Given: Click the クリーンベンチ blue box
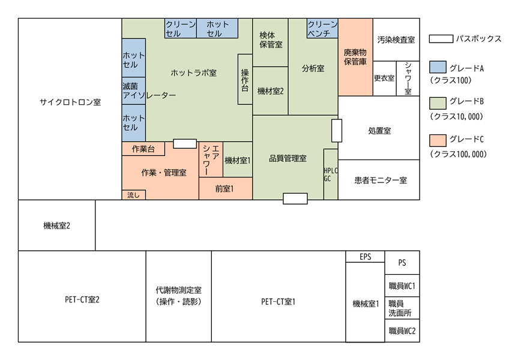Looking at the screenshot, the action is point(322,28).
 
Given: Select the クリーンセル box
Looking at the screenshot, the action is point(181,28).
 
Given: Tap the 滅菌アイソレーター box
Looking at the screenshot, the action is point(134,91).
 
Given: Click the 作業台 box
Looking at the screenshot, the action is point(143,149).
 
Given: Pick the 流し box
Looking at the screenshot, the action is point(134,194).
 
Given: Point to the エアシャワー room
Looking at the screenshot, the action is point(211,160).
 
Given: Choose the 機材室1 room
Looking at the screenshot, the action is point(238,160).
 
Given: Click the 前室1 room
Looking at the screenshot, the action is point(226,188).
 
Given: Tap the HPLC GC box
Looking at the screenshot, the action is point(331,175).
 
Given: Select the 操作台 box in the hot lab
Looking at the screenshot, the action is point(245,79).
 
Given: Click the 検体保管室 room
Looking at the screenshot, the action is point(270,43).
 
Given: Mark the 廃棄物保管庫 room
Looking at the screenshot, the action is point(355,57).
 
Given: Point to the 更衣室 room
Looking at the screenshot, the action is point(385,79).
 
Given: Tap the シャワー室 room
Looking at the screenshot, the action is point(408,79).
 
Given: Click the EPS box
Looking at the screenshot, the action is point(366,257).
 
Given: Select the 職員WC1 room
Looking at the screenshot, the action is point(402,286).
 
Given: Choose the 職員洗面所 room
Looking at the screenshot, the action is point(402,308).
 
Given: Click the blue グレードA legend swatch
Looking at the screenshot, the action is point(438,67).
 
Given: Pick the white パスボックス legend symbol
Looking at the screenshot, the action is point(441,39).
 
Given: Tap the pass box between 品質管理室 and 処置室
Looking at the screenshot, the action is point(337,131).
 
